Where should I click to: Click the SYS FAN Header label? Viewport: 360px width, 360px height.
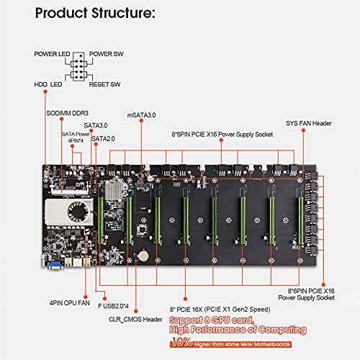coord(308,124)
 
